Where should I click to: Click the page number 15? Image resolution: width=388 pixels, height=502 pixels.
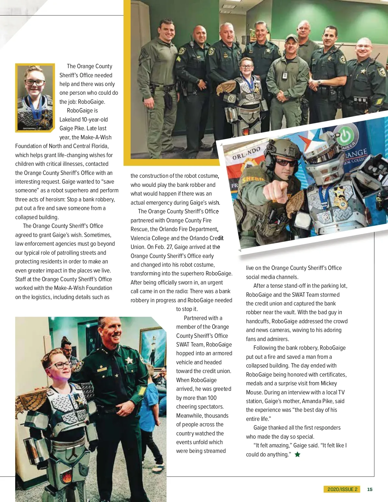point(370,489)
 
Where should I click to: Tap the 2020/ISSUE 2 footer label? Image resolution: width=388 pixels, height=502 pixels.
point(342,489)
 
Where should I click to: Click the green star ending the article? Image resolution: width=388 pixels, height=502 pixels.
point(297,454)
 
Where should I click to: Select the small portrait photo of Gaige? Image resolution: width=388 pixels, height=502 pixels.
point(35,98)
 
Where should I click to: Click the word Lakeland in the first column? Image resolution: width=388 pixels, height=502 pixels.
point(70,120)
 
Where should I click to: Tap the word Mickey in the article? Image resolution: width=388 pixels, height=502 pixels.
point(329,383)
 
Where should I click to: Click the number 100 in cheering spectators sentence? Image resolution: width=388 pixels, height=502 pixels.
point(212,398)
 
